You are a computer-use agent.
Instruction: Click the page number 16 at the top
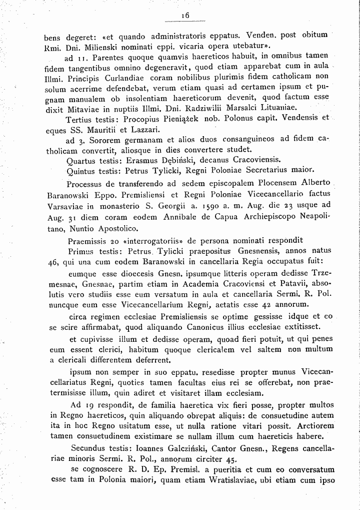[x=185, y=16]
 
